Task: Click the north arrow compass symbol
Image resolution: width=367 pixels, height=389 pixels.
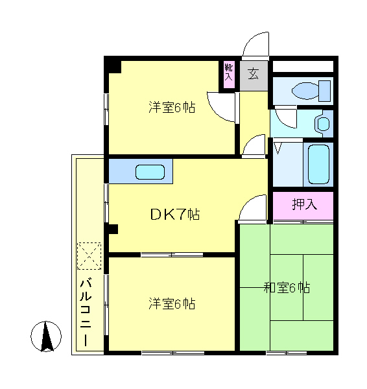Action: (46, 336)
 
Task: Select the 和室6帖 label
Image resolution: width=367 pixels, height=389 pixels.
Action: (286, 287)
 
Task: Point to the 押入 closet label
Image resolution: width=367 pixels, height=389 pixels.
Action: (303, 205)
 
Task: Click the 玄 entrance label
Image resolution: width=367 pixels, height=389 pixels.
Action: (253, 73)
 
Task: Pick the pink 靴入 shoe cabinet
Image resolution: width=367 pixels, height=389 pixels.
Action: (228, 72)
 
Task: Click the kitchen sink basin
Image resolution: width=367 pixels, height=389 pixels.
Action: (150, 172)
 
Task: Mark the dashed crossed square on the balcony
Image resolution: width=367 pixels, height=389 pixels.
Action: (89, 255)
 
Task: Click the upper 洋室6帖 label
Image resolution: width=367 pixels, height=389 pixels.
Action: (172, 108)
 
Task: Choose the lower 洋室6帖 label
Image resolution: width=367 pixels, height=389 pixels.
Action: (172, 303)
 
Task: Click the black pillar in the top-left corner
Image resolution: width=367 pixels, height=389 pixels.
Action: (113, 65)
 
